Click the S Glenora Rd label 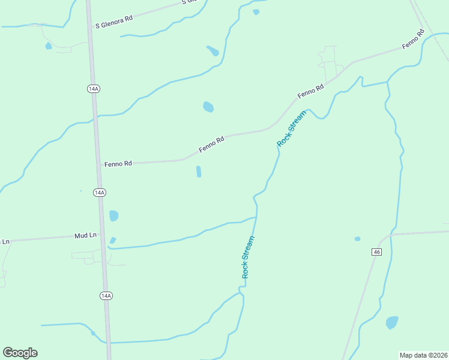(x=114, y=22)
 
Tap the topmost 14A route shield (x=93, y=89)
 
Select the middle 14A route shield (x=100, y=193)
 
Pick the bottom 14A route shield (x=106, y=296)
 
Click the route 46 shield (x=376, y=252)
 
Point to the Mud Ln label (x=85, y=236)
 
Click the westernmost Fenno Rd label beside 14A (x=118, y=163)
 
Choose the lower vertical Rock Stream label (x=248, y=257)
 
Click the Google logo (x=20, y=353)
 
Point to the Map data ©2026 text (x=423, y=355)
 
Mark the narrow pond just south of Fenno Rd (x=198, y=172)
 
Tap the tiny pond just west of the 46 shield (x=357, y=239)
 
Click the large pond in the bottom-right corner (x=392, y=322)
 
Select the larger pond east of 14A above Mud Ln (x=113, y=215)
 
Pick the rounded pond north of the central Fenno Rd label (x=208, y=107)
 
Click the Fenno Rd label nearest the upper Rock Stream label (x=311, y=91)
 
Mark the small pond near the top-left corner (x=48, y=46)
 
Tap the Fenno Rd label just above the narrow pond (x=212, y=144)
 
